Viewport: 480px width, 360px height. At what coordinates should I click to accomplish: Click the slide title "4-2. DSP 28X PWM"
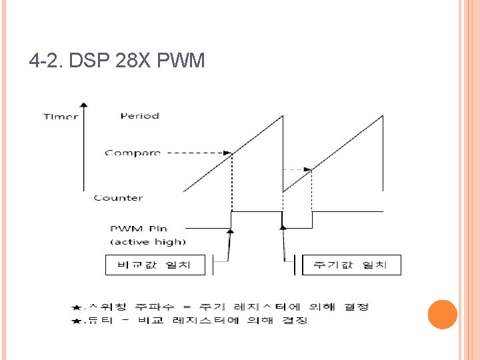coord(117,62)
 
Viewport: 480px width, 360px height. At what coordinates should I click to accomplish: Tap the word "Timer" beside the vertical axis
coord(60,117)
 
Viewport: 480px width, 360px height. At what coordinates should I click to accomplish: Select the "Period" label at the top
coord(139,116)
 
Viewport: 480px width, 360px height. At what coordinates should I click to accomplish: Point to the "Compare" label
coord(133,153)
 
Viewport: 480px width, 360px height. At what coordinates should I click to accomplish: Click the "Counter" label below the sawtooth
coord(118,198)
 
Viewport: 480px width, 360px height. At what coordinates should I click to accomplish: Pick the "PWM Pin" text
coord(138,229)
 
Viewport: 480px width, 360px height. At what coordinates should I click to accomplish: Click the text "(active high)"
coord(147,241)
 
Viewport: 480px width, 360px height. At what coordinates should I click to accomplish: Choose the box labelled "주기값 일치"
coord(352,265)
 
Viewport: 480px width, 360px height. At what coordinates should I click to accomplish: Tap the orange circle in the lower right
coord(442,314)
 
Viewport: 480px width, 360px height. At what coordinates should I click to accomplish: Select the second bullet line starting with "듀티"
coord(196,321)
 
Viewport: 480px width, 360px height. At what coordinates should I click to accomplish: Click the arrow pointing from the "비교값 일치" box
coord(229,245)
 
